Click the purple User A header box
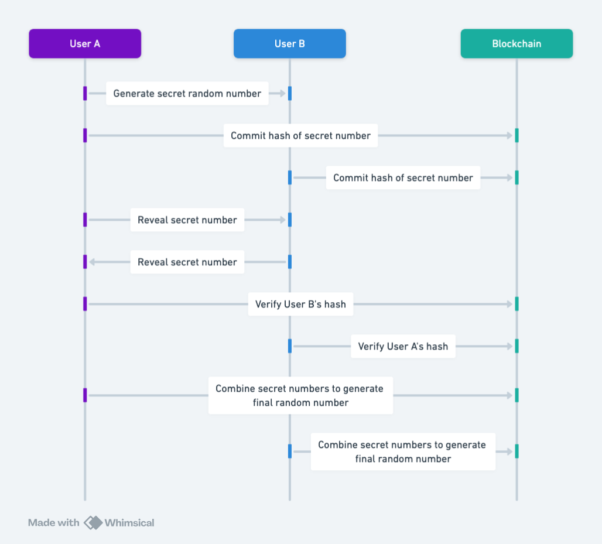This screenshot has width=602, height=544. click(85, 44)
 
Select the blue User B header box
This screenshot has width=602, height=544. click(289, 44)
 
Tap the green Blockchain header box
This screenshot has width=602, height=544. click(517, 44)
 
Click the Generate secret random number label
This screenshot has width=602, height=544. click(187, 94)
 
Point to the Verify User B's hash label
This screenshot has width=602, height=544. click(300, 304)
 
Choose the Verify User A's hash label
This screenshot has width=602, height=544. click(403, 347)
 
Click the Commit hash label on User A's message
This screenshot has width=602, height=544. click(300, 136)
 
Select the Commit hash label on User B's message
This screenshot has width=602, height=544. click(403, 178)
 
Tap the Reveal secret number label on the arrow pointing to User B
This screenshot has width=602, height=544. click(187, 220)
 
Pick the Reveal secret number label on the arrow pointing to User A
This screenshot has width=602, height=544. click(187, 262)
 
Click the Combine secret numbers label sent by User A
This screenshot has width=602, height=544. click(300, 396)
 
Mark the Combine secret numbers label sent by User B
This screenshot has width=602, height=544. click(403, 451)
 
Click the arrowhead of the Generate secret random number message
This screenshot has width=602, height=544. click(282, 94)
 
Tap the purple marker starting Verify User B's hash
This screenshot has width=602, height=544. click(85, 304)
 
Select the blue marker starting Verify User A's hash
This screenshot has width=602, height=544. click(289, 346)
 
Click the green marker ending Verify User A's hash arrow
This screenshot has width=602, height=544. click(517, 346)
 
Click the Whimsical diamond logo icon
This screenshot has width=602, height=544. click(93, 523)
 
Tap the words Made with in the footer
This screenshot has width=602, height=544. click(53, 523)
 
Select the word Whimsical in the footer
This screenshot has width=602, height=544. click(129, 523)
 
